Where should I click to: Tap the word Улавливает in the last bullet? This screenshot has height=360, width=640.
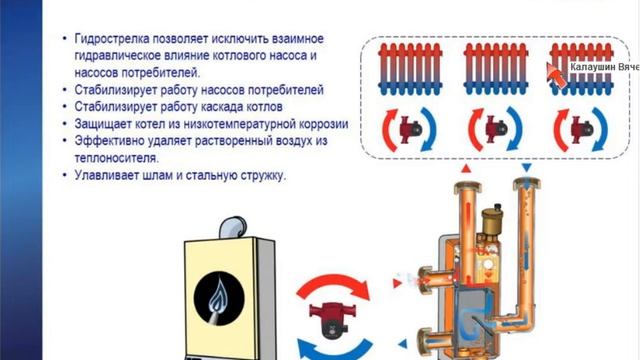(106, 175)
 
